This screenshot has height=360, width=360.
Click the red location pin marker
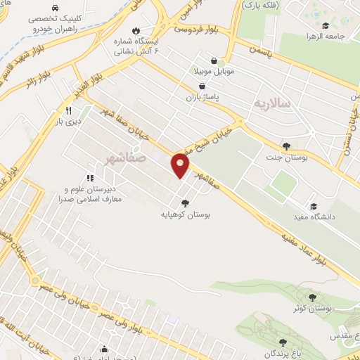click(181, 164)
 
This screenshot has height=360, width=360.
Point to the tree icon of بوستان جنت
click(286, 146)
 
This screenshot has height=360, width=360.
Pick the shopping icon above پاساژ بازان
click(202, 86)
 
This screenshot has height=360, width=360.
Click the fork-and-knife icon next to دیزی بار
click(68, 111)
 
